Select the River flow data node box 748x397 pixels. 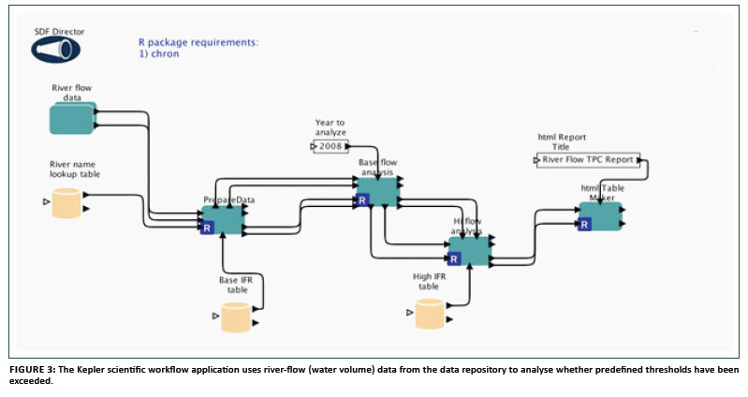72,119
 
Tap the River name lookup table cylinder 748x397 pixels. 66,202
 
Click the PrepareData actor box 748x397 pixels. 223,220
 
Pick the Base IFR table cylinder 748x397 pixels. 237,317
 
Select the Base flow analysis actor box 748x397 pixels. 378,191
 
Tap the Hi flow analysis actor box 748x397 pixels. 468,250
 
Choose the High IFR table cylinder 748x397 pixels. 431,314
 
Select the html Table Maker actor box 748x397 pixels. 600,216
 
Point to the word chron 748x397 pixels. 169,54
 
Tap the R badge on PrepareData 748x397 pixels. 207,227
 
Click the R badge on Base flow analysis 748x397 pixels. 362,198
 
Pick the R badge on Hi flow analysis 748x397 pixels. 453,257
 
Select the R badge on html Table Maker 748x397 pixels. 584,224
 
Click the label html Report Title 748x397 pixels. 562,141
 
